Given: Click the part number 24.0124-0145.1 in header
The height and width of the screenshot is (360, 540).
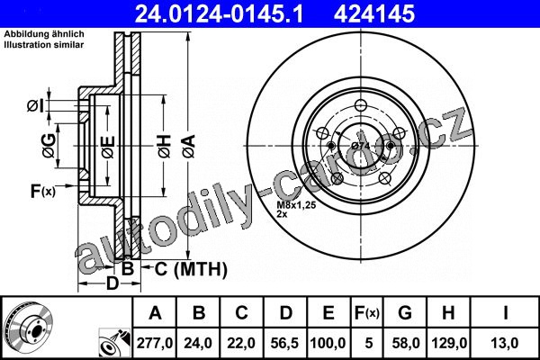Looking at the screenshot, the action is point(220,14).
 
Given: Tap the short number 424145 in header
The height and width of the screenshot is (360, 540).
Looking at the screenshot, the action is point(374,14).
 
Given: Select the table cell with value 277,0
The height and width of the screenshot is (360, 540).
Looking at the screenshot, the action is point(154,343).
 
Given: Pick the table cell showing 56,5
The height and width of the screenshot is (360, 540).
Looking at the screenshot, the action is point(284,343).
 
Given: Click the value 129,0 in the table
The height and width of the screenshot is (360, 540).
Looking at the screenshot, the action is point(448,343).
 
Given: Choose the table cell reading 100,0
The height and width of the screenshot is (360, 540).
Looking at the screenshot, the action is point(328,343).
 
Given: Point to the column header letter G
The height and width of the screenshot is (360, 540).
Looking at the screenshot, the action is point(405,313).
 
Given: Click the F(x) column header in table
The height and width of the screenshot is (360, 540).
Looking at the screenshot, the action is point(367,313).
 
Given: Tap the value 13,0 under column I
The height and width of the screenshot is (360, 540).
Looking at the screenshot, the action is point(505,343).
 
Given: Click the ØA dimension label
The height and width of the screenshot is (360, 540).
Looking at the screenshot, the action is point(189,147).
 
